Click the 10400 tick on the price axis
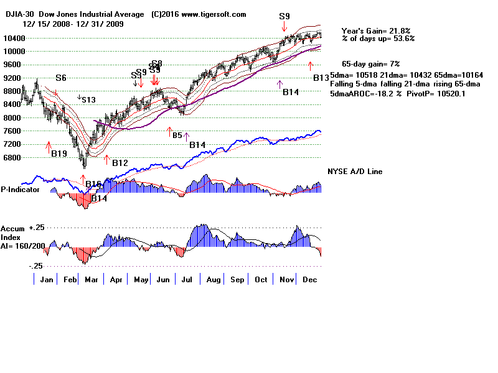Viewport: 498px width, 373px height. (x=12, y=39)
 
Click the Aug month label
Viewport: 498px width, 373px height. (x=213, y=280)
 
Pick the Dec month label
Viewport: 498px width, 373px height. (x=309, y=280)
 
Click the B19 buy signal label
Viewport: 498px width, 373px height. (x=59, y=154)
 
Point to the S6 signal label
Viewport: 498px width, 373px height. (x=60, y=78)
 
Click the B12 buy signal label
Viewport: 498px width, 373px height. (x=120, y=163)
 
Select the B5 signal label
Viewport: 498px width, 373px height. (x=177, y=135)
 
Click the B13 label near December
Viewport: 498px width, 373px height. (x=321, y=78)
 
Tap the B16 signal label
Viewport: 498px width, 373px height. (x=93, y=184)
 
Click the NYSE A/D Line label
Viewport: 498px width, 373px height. (x=355, y=172)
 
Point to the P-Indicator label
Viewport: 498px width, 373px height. (x=20, y=190)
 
